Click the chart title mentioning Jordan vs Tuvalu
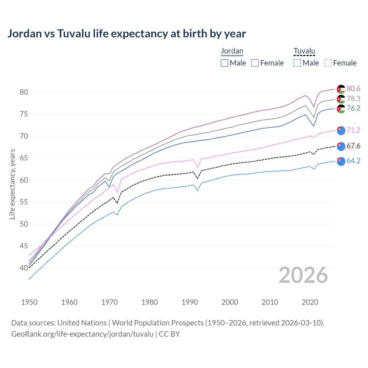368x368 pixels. point(126,34)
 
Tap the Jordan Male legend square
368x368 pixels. point(225,63)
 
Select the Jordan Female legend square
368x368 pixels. point(255,63)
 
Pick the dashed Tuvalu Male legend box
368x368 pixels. point(297,63)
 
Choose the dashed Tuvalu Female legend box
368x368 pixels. point(328,63)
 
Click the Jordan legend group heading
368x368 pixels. point(232,51)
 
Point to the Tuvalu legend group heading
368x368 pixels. point(304,51)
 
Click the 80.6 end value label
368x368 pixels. point(353,89)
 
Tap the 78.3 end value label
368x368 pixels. point(353,99)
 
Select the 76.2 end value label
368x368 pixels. point(353,108)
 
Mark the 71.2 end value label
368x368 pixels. point(353,130)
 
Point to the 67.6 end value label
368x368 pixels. point(353,146)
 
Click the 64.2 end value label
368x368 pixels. point(353,161)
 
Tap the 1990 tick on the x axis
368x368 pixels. point(190,302)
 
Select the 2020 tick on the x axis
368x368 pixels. point(310,302)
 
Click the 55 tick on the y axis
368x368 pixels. point(24,202)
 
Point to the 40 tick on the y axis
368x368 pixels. point(24,268)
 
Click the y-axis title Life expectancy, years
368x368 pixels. point(12,184)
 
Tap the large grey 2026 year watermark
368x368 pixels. point(303,275)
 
